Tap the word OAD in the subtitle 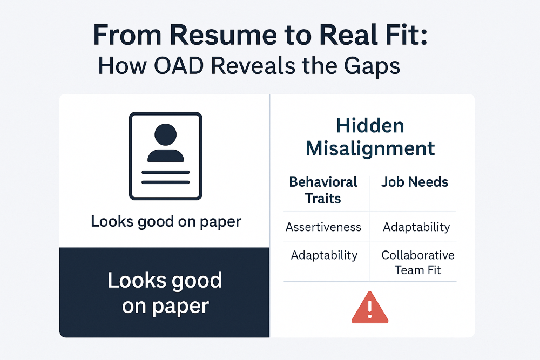pyautogui.click(x=190, y=66)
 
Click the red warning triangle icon pyautogui.click(x=370, y=308)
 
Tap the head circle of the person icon pyautogui.click(x=165, y=134)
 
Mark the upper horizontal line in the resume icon pyautogui.click(x=165, y=172)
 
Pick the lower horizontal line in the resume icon pyautogui.click(x=165, y=182)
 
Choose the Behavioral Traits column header pyautogui.click(x=323, y=190)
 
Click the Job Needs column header pyautogui.click(x=415, y=182)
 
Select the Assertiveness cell pyautogui.click(x=323, y=227)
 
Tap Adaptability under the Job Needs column pyautogui.click(x=416, y=227)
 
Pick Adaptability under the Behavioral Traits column pyautogui.click(x=324, y=255)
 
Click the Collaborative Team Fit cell pyautogui.click(x=417, y=262)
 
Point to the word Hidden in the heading pyautogui.click(x=370, y=126)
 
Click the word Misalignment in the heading pyautogui.click(x=370, y=148)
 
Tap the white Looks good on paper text pyautogui.click(x=165, y=293)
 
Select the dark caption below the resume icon pyautogui.click(x=166, y=221)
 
